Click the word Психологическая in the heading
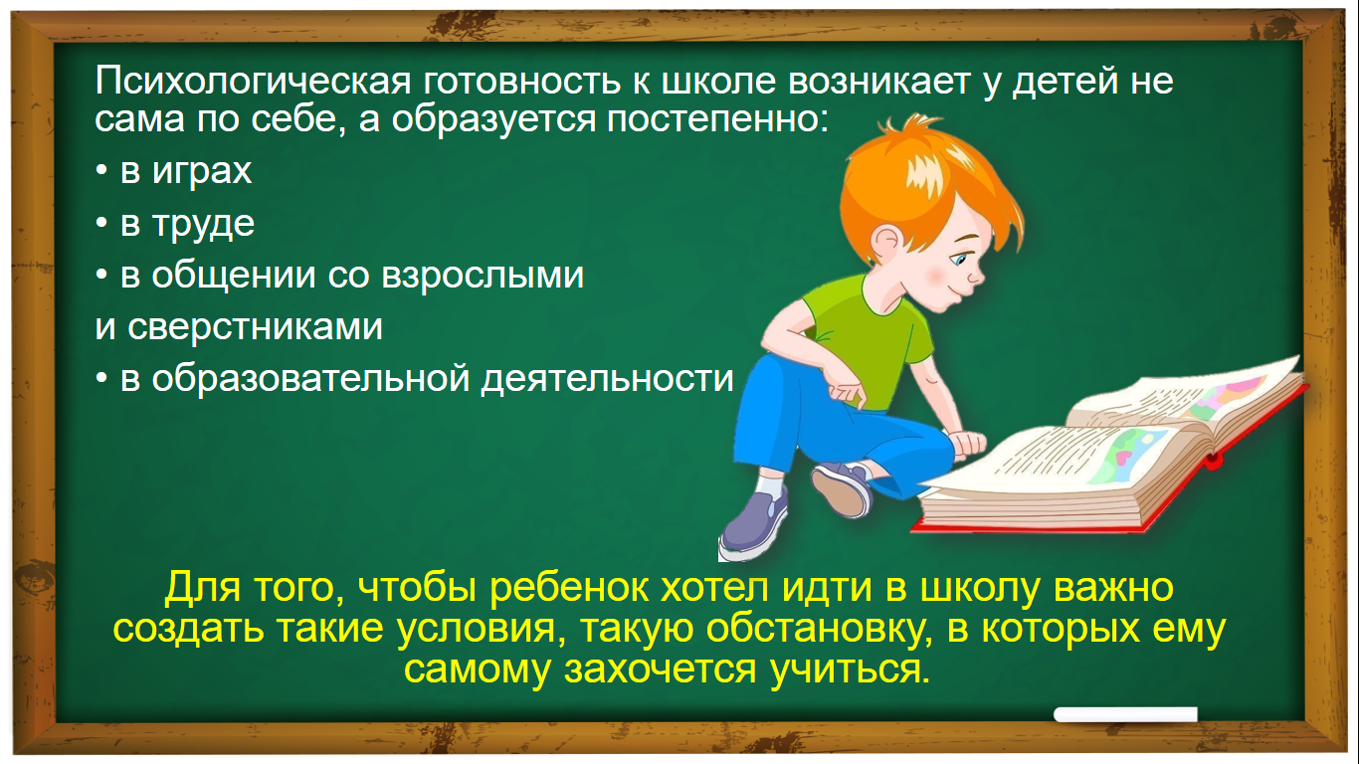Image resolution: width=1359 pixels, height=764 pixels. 253,82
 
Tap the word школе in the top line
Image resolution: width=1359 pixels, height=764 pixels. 718,81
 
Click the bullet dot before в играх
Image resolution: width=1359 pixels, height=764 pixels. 101,171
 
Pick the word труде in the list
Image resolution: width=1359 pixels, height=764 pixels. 203,224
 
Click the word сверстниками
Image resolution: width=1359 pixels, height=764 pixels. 255,327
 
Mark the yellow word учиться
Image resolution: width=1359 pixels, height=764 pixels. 850,668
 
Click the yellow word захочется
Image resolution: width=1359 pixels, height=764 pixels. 660,669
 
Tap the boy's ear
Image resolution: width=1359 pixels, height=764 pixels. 886,243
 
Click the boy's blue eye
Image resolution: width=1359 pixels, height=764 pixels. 959,260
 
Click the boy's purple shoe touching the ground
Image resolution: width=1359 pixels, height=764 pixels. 752,525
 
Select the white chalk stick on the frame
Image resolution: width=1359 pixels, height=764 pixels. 1125,714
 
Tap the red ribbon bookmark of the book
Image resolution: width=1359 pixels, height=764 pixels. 1212,463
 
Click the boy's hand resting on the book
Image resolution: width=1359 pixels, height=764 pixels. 969,443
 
